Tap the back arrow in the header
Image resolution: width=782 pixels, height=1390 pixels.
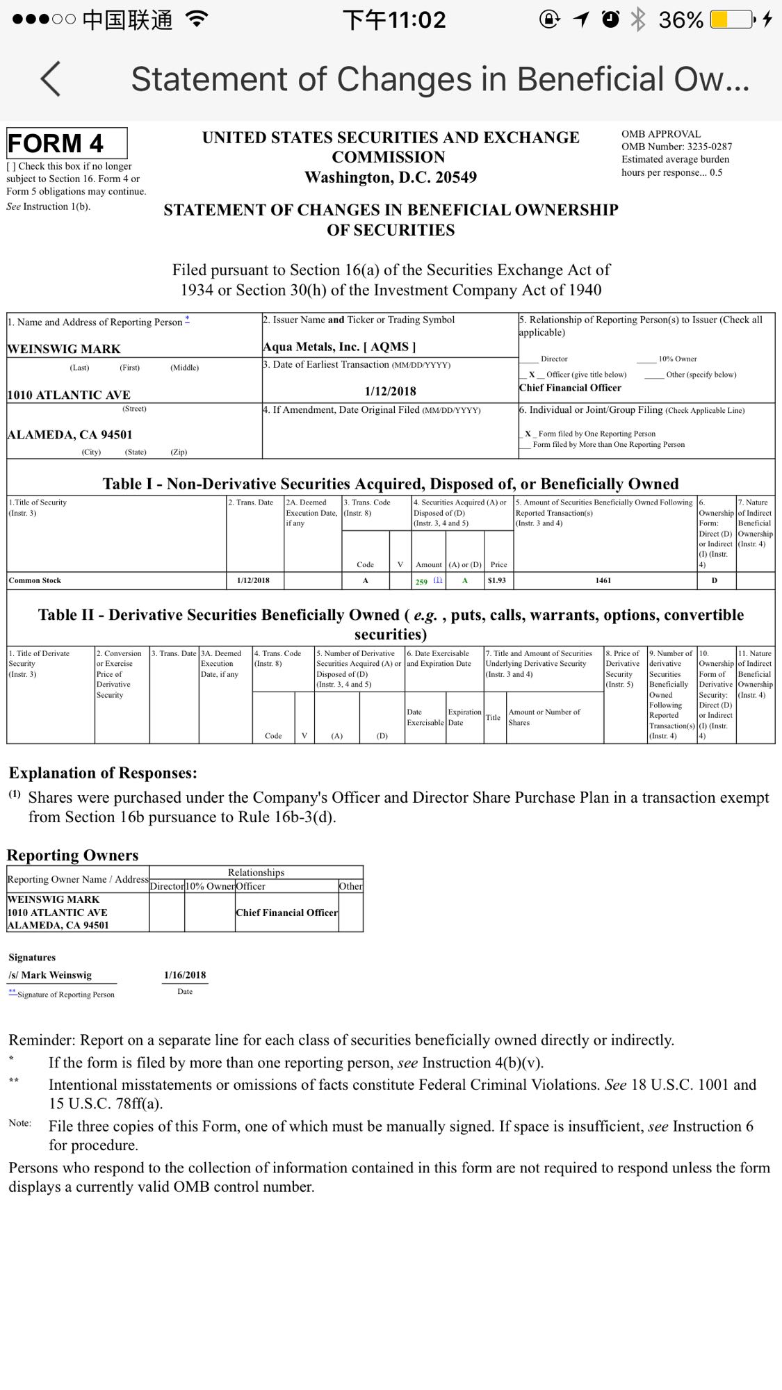(x=51, y=79)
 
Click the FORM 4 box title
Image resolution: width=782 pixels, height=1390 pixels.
(x=56, y=144)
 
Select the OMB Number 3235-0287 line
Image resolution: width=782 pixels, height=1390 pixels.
(x=676, y=147)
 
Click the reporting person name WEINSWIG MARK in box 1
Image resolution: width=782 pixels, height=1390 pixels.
(x=64, y=349)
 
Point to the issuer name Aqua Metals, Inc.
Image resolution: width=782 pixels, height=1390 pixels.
(x=310, y=347)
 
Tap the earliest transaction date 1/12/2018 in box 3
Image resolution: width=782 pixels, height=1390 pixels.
(x=390, y=391)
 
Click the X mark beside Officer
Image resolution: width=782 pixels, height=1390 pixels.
(x=532, y=375)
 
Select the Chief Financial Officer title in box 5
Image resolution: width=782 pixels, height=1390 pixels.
(x=570, y=388)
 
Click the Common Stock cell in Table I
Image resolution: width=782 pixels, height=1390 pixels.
(x=35, y=580)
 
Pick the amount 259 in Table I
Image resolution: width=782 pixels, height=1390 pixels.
(x=421, y=582)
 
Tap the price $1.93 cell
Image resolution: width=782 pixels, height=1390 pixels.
(x=497, y=580)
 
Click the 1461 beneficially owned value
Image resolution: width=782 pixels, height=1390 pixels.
(x=603, y=580)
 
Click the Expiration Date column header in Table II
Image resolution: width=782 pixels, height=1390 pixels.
(x=464, y=717)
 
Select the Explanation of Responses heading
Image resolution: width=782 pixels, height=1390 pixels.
(x=103, y=773)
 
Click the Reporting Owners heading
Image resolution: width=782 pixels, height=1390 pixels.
(x=73, y=855)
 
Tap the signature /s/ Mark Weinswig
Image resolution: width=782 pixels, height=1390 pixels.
(x=50, y=975)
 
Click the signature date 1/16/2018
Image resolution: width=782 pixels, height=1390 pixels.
(x=185, y=975)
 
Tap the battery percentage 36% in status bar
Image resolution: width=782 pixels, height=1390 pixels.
(x=681, y=19)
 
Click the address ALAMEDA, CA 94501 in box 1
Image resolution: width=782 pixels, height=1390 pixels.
(x=70, y=435)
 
